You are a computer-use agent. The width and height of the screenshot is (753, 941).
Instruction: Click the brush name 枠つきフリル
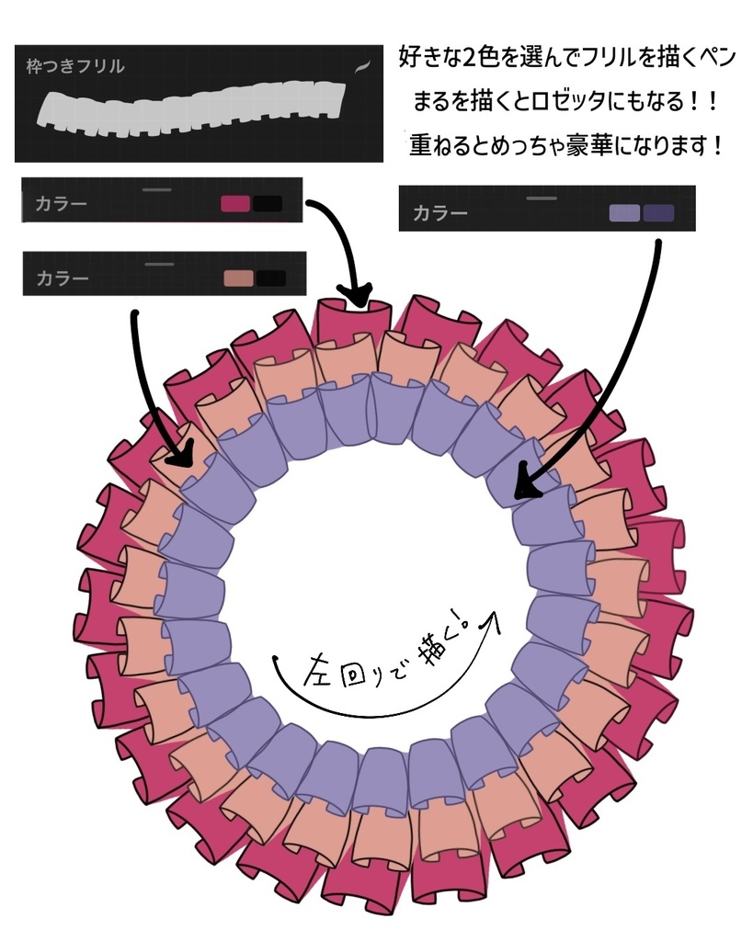click(x=75, y=66)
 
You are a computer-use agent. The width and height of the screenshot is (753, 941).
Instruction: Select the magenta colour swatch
click(x=235, y=203)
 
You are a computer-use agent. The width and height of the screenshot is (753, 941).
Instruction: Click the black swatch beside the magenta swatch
click(x=268, y=203)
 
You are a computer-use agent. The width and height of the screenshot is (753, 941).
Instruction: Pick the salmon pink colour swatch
click(x=238, y=278)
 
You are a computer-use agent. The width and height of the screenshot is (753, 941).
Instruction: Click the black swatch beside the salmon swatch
click(x=270, y=278)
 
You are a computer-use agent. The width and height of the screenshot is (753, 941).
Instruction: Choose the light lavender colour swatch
click(x=624, y=213)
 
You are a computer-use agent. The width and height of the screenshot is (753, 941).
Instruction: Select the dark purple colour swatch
click(x=658, y=213)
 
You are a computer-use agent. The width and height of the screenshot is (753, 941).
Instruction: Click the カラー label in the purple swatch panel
click(x=440, y=213)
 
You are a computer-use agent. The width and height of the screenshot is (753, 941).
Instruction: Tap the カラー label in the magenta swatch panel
click(x=61, y=203)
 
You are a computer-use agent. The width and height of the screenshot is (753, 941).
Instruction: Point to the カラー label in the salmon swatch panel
click(x=63, y=278)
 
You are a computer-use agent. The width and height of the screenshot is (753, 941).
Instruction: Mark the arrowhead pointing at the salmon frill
click(x=182, y=455)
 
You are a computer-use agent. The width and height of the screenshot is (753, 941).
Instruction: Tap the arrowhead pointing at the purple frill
click(x=526, y=488)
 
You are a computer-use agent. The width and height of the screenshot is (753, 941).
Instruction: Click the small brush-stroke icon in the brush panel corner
click(x=362, y=65)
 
